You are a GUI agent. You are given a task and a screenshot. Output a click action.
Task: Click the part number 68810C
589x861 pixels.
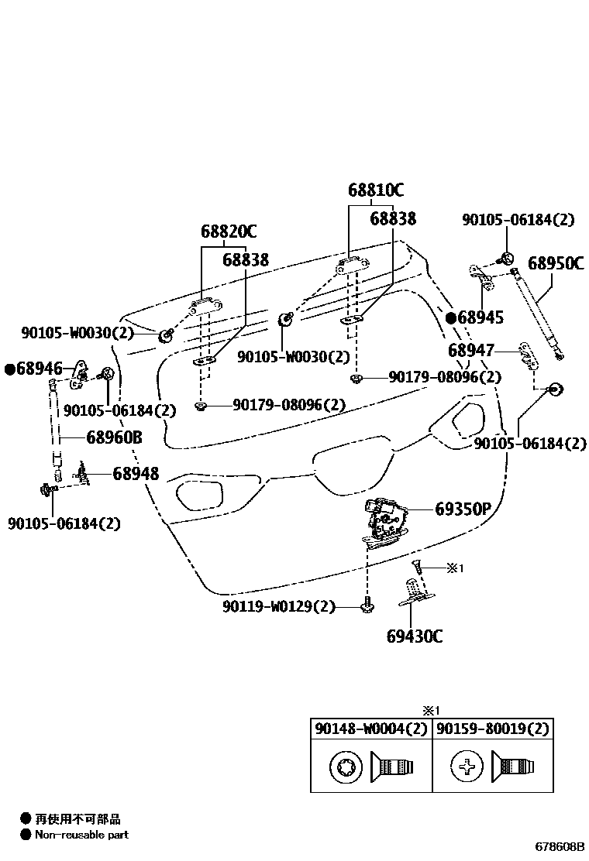(376, 190)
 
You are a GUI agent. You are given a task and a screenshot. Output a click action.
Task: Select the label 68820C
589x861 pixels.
(229, 231)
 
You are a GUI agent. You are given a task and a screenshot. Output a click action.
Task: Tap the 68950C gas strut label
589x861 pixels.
(556, 263)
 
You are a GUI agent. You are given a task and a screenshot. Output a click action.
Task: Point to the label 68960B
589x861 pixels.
(114, 437)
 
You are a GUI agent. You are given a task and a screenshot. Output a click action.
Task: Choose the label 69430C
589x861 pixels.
(415, 636)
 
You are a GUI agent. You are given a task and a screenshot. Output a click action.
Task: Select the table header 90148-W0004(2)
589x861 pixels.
(370, 729)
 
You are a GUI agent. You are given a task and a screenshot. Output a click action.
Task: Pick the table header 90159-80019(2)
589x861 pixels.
(492, 729)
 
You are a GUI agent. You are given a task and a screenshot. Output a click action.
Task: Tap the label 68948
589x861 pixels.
(136, 473)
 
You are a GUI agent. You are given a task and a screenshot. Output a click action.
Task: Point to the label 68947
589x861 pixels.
(470, 351)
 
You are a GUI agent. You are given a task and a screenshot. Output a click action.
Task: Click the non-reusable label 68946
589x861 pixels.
(34, 368)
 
